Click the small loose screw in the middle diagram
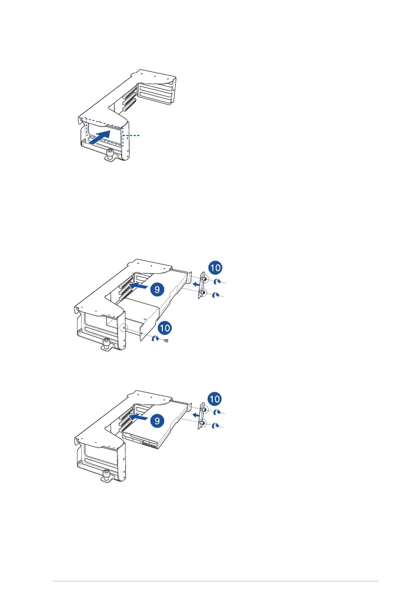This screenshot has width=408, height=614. (167, 340)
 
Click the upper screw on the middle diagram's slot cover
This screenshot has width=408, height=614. (205, 280)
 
